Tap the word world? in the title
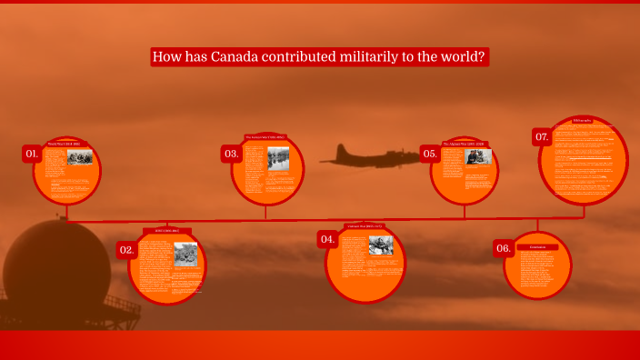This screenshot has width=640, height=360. coord(464,57)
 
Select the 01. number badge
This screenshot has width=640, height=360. coord(33,154)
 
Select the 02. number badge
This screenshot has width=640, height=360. coord(127,249)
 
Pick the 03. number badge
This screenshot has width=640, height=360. coord(231,154)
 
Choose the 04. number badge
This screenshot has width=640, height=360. coord(327,239)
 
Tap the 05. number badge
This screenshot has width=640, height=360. coord(430,154)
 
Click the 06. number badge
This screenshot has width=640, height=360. coord(503,248)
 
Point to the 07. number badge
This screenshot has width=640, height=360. coord(542,137)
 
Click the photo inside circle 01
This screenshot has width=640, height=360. coord(80,157)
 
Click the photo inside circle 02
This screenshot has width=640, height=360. coord(185,254)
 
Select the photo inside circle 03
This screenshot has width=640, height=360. coord(278,158)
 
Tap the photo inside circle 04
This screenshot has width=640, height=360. coord(380,245)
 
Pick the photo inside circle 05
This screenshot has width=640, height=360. coord(478,157)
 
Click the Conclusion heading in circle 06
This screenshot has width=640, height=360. coord(537,246)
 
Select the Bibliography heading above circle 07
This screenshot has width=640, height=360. coord(583,120)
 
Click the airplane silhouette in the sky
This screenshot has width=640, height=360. coord(364,156)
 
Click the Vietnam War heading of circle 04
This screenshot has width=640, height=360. coord(365,225)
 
